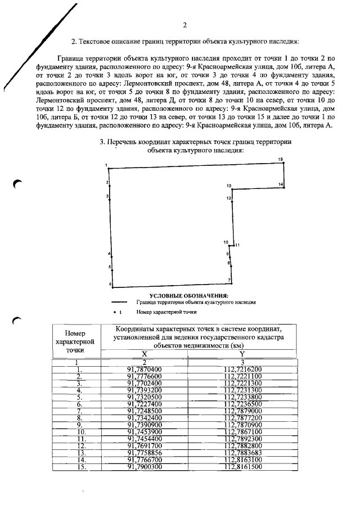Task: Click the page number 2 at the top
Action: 184,25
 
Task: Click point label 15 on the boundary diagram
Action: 280,160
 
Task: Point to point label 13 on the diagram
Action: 229,186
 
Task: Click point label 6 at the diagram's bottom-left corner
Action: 110,285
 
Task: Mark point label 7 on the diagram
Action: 229,280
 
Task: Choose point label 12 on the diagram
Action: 229,199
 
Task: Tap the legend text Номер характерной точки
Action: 166,311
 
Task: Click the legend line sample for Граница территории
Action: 120,302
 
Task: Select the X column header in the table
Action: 145,353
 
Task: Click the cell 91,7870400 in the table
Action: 145,369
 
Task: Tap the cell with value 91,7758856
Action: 145,452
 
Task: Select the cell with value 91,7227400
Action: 145,403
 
